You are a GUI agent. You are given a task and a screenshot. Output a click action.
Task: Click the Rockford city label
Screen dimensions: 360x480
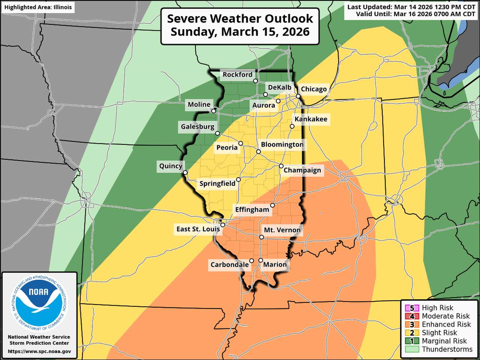(x=237, y=75)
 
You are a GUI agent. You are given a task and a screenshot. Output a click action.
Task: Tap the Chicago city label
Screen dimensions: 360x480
(x=313, y=89)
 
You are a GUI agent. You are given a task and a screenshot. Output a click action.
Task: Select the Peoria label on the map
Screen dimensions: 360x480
(x=227, y=147)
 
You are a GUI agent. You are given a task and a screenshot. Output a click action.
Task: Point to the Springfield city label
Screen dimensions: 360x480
(x=217, y=183)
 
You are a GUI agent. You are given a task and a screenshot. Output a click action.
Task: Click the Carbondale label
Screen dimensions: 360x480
(x=229, y=264)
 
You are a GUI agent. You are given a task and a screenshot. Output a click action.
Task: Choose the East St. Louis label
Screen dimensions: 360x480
(x=198, y=229)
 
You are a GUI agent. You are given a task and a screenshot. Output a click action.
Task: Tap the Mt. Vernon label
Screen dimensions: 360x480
(x=282, y=230)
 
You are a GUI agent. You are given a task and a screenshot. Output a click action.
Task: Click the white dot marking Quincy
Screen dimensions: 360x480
(x=185, y=173)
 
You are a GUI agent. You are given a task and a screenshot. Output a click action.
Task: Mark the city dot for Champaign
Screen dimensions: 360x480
(x=281, y=166)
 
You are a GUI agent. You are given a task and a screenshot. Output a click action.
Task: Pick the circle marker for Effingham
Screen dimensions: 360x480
(x=273, y=205)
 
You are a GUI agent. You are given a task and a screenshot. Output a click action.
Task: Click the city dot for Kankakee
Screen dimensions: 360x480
(x=292, y=126)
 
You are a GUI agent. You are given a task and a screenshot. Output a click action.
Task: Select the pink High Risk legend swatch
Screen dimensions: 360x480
(x=412, y=308)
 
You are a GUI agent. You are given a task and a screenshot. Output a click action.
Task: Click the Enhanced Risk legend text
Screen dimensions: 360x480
(x=446, y=324)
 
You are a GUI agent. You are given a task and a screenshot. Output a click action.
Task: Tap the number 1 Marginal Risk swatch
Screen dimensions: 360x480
(x=412, y=341)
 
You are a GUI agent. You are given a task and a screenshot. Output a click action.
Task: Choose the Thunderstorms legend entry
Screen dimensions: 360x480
(x=447, y=349)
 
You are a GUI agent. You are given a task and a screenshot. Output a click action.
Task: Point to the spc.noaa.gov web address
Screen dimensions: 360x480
(x=39, y=351)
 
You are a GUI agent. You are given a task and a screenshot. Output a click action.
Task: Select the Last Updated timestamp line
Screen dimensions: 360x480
(x=411, y=7)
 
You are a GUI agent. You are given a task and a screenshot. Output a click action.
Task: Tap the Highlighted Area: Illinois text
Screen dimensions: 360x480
(x=38, y=7)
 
